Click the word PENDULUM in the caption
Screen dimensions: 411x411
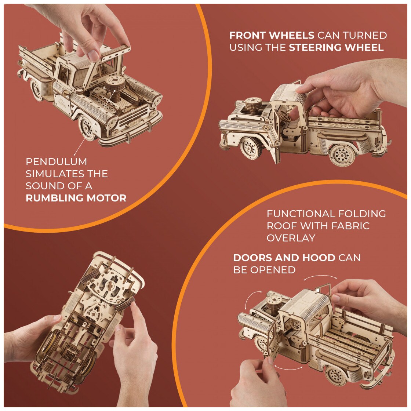(x=57, y=161)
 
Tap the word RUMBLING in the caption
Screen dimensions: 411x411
(x=54, y=198)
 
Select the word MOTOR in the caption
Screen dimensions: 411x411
(x=106, y=198)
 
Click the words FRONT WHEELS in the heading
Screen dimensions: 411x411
(x=272, y=35)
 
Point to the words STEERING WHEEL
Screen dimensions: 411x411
(x=336, y=47)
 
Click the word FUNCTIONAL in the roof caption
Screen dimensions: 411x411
(x=301, y=214)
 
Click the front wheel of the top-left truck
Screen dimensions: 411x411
(x=88, y=128)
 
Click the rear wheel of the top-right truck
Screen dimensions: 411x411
(x=342, y=155)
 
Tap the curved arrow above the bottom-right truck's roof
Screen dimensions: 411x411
(x=321, y=277)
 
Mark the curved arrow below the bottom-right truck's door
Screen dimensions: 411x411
(x=288, y=368)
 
